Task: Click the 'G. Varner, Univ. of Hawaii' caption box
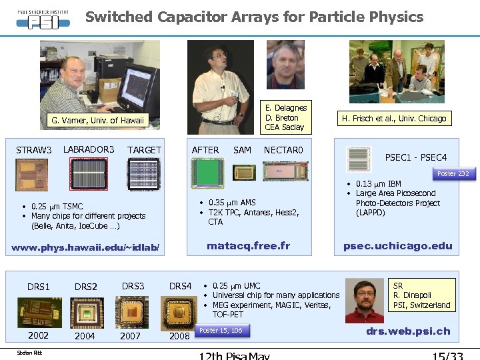coord(97,121)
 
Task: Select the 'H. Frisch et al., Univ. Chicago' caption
coord(393,119)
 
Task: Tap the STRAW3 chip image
coord(31,175)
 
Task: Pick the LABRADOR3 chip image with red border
coord(93,175)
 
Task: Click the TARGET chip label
coord(144,150)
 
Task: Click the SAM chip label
coord(242,150)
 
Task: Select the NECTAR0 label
coord(283,150)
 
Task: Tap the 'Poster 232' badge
coord(453,173)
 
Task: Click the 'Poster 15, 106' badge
coord(221,331)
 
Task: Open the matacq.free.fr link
coord(248,246)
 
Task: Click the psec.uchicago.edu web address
coord(397,246)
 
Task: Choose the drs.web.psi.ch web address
coord(408,331)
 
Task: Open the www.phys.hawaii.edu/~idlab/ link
coord(86,248)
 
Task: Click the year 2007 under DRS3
coord(130,336)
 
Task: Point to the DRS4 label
coord(180,286)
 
